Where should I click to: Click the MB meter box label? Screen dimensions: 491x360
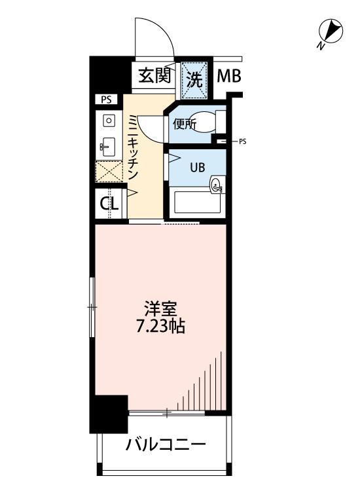[229, 76]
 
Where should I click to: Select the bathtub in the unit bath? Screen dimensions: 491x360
[197, 203]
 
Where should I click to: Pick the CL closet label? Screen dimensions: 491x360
[109, 203]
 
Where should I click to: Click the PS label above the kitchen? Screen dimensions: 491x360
[107, 100]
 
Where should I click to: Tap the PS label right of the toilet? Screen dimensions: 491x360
[243, 141]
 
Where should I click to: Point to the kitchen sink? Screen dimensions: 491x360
[107, 145]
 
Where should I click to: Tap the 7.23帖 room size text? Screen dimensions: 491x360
[160, 326]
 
